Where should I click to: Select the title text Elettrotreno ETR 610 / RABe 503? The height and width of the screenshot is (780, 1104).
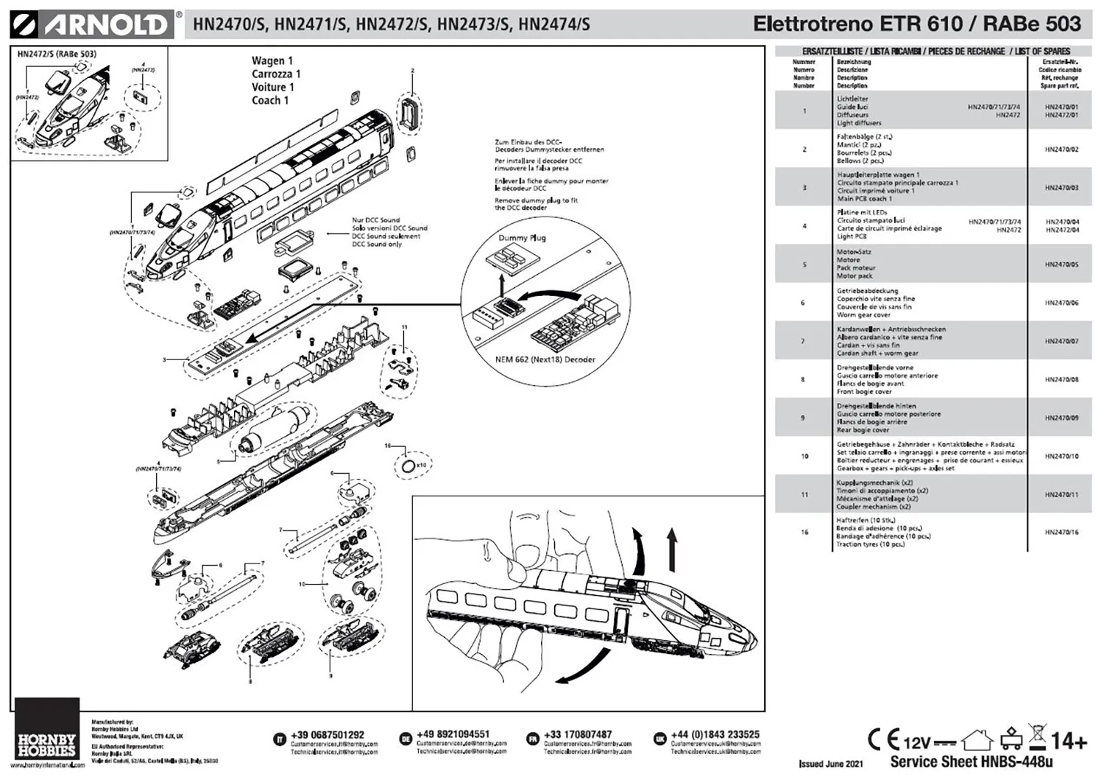[916, 24]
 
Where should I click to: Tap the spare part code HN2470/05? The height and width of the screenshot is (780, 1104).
[1061, 264]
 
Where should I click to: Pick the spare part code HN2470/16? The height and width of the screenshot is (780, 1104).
[1061, 532]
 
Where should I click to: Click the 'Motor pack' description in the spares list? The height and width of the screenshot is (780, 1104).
[854, 276]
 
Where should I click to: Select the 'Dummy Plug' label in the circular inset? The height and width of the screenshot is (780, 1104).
[522, 238]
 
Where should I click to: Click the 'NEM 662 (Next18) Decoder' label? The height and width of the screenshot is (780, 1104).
[545, 359]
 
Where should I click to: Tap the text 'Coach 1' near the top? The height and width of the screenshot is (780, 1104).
[270, 100]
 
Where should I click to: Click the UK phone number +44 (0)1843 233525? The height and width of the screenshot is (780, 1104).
[715, 734]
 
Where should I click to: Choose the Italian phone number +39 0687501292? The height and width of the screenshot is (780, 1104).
[328, 735]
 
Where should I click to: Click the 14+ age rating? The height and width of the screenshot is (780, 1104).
[1069, 740]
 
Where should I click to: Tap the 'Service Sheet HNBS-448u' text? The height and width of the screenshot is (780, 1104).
[971, 762]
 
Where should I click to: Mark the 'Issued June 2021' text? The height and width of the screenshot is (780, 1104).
[830, 764]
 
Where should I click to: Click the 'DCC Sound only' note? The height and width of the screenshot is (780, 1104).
[376, 245]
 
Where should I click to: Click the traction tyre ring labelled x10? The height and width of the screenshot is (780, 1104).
[408, 465]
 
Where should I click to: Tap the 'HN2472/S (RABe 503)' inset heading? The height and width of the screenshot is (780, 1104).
[57, 54]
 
